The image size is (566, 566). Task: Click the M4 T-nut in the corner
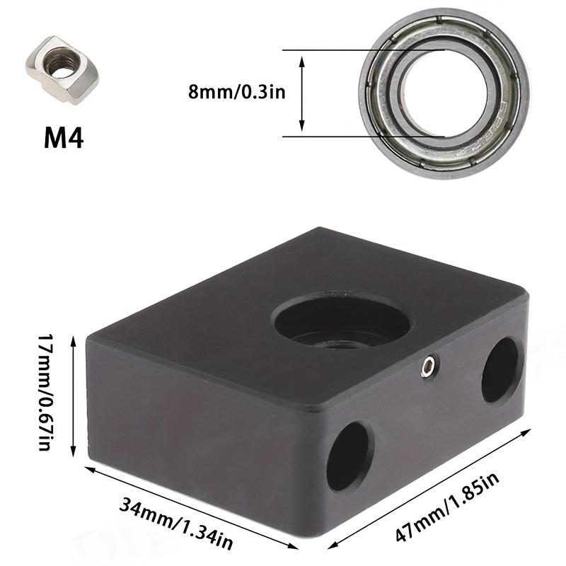click(64, 70)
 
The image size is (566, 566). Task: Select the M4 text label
click(64, 137)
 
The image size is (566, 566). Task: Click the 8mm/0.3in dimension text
click(236, 93)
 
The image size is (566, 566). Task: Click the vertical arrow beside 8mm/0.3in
click(303, 93)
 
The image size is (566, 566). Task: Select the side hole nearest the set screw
click(502, 369)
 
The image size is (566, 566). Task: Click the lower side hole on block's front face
click(349, 456)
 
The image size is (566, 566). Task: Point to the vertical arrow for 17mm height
click(73, 397)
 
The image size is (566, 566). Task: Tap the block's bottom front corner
click(320, 535)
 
